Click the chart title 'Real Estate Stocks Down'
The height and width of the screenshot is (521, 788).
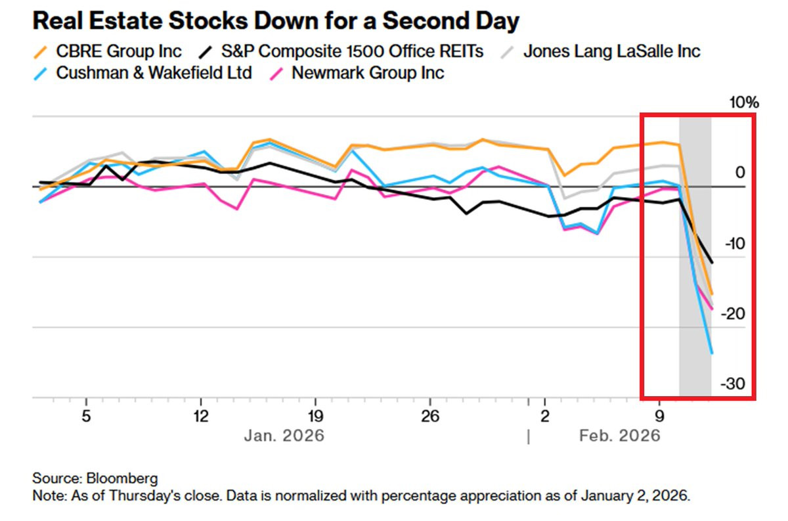tap(276, 21)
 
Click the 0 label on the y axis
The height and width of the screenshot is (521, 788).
tap(740, 172)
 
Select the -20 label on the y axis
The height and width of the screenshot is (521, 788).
tap(734, 313)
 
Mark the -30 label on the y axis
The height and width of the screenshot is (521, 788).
tap(734, 384)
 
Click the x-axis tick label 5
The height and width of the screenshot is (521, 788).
tap(86, 416)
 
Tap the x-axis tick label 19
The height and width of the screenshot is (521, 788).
tap(315, 416)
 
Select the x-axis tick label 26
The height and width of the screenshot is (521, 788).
tap(429, 416)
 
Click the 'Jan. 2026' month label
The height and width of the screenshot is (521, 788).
tap(284, 436)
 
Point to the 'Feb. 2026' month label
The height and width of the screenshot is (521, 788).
tap(619, 436)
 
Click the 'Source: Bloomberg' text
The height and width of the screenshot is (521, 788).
tap(95, 478)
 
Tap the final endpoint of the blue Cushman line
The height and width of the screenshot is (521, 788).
tap(712, 353)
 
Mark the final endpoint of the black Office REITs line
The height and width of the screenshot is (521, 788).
tap(712, 263)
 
